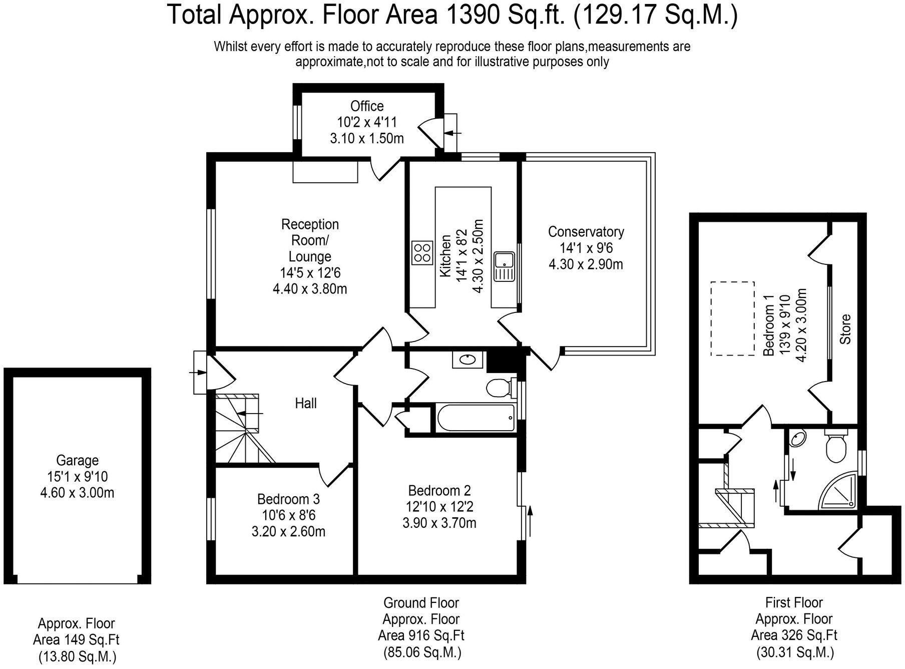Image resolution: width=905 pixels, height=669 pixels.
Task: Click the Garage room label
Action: pos(77,460)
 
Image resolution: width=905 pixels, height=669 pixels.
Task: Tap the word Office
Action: pos(367,106)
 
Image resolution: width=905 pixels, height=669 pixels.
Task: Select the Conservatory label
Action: pos(586,232)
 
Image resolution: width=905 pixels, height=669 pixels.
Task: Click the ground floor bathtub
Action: pos(476,418)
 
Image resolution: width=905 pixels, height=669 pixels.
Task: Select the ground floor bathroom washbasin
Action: pos(468,360)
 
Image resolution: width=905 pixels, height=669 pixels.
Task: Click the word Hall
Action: pos(306,403)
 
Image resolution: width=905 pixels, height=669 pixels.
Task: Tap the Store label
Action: pos(845,329)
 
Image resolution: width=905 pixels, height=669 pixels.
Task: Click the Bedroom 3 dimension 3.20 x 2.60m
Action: pos(288,531)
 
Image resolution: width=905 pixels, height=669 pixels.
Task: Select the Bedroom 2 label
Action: pos(439,490)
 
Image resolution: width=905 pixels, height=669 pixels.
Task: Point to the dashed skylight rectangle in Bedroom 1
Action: pos(733,318)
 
